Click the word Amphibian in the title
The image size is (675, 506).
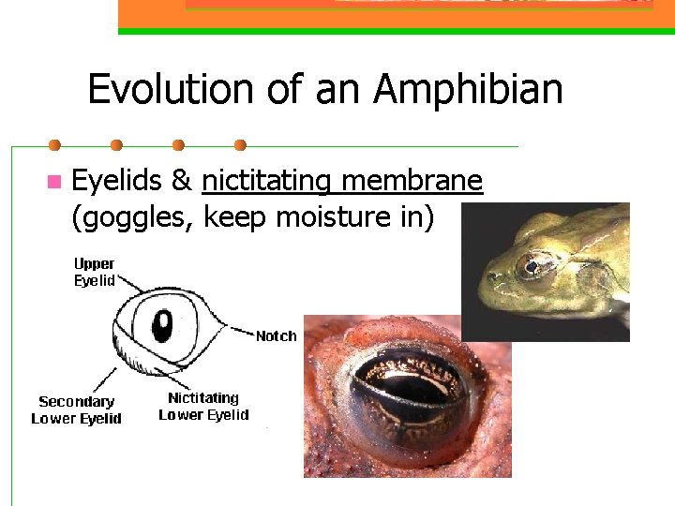tap(468, 91)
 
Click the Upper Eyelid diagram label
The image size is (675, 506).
tap(95, 272)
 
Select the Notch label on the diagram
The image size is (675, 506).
tap(276, 335)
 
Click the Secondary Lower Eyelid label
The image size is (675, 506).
tap(76, 410)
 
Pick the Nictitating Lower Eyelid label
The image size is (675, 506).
tap(203, 407)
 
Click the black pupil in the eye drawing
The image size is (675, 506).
tap(163, 325)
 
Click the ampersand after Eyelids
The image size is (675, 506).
tap(182, 180)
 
